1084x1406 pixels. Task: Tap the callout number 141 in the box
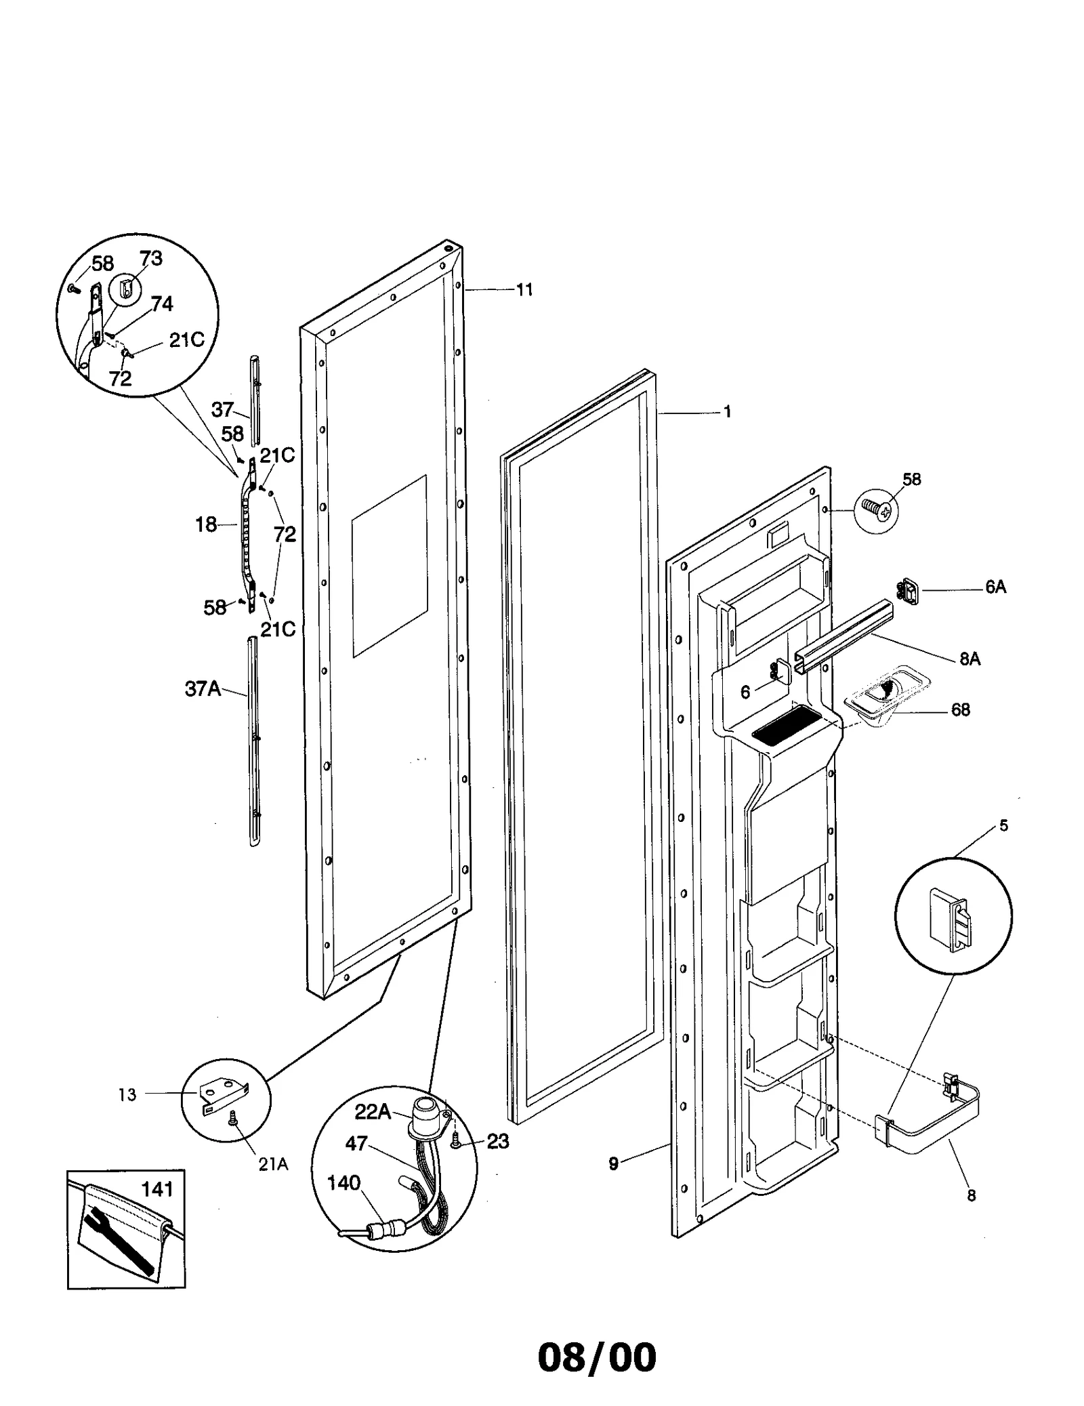tap(157, 1189)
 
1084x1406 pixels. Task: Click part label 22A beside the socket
tap(373, 1112)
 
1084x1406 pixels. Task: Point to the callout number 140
tap(343, 1182)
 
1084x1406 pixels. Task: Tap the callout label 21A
tap(273, 1164)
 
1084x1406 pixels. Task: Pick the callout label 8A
tap(970, 659)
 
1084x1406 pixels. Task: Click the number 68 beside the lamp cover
tap(960, 709)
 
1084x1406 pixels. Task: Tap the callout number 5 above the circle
tap(1003, 825)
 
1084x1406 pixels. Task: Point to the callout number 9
tap(613, 1163)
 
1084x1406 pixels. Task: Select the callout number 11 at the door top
tap(524, 290)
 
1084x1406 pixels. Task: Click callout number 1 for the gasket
tap(727, 412)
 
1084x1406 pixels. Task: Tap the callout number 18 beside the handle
tap(206, 524)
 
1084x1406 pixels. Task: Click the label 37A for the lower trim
tap(203, 688)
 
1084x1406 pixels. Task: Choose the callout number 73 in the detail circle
tap(151, 258)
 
